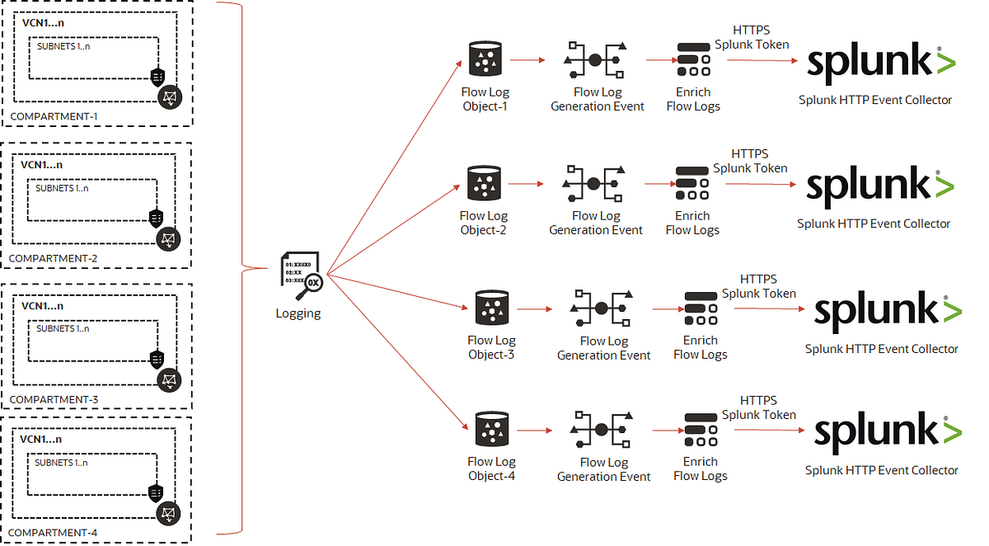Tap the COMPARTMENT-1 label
point(54,116)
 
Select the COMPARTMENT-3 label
point(54,399)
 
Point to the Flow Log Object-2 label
point(483,224)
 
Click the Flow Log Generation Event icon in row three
point(601,308)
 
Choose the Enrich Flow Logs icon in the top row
point(693,59)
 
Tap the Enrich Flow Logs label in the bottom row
point(701,468)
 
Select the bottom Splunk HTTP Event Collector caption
point(882,470)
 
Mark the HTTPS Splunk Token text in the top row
point(751,38)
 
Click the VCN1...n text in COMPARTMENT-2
point(42,164)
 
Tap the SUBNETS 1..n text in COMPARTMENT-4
point(61,463)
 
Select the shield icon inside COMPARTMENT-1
point(157,78)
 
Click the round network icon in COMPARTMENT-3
point(169,379)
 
